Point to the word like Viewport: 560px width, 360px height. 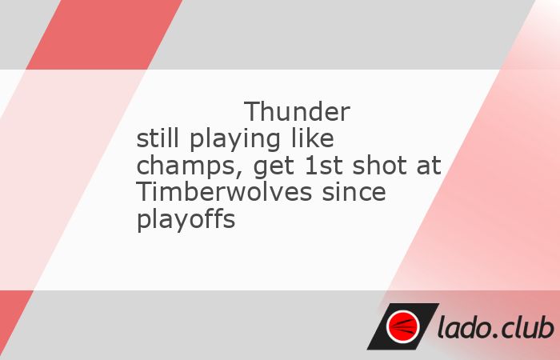[313, 138]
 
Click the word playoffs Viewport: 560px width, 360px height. [186, 221]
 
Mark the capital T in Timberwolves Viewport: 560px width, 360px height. [143, 193]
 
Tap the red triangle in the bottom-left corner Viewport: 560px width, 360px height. [11, 320]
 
